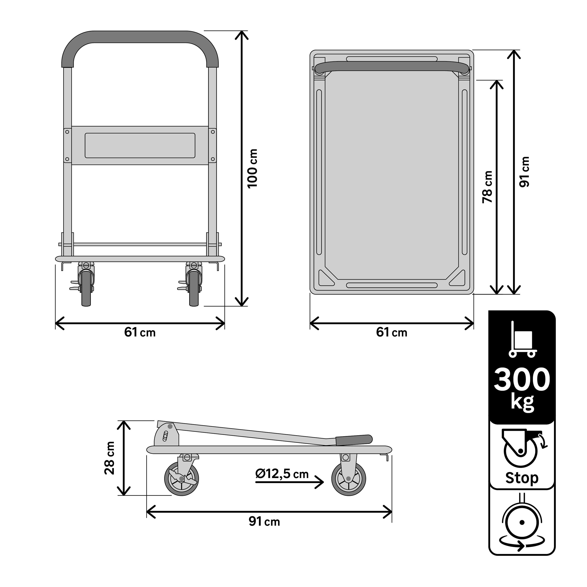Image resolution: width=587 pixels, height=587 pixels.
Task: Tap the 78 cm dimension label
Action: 487,187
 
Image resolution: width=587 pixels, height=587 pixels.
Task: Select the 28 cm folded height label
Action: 109,458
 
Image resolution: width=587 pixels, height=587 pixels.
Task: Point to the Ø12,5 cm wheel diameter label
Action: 282,474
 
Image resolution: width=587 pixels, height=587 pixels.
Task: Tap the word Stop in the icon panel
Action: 522,478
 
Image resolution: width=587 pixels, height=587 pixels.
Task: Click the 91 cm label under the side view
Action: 264,522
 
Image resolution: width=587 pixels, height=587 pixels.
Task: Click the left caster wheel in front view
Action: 86,288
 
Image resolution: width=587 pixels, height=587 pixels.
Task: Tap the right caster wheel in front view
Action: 194,288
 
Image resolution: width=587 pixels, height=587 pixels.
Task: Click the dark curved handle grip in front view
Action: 140,37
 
